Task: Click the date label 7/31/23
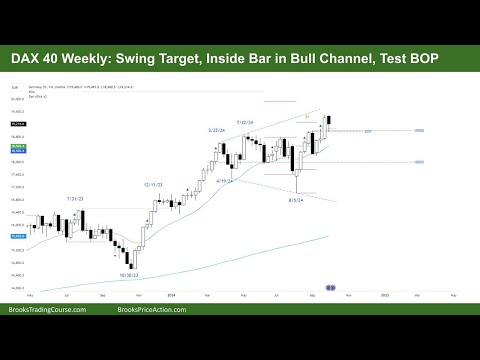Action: (75, 199)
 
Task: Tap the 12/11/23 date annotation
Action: (154, 185)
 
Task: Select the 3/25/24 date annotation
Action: (215, 130)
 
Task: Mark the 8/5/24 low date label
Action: (296, 200)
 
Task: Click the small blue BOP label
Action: (369, 131)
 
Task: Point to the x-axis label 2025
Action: (385, 296)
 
